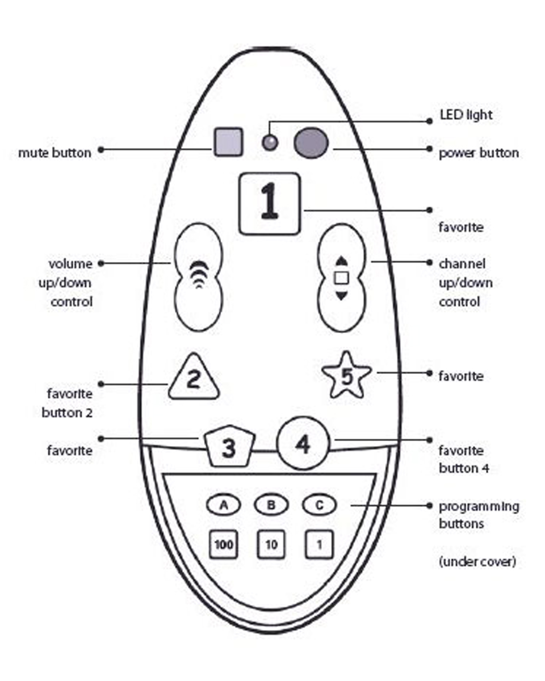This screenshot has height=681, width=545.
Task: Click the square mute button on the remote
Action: coord(228,142)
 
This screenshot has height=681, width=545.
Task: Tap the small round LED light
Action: coord(270,142)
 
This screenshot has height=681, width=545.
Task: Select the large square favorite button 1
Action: coord(269,203)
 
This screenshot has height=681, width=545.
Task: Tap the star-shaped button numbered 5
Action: coord(346,376)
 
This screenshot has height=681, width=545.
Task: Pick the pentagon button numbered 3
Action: coord(228,448)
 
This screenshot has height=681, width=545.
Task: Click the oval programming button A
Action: coord(224,505)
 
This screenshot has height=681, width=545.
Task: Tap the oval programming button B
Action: coord(271,505)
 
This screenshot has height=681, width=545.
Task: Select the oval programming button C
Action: coord(319,505)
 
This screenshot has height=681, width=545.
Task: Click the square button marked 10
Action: coord(271,545)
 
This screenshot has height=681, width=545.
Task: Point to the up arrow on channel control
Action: coord(341,260)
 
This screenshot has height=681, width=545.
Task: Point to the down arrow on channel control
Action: coord(341,295)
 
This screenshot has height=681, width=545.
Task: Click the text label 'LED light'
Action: coord(466,116)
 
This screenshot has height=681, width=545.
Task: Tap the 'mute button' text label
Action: coord(54,153)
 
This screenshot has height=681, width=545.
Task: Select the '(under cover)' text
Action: coord(477,562)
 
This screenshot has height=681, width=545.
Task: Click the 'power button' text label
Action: coord(478,153)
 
